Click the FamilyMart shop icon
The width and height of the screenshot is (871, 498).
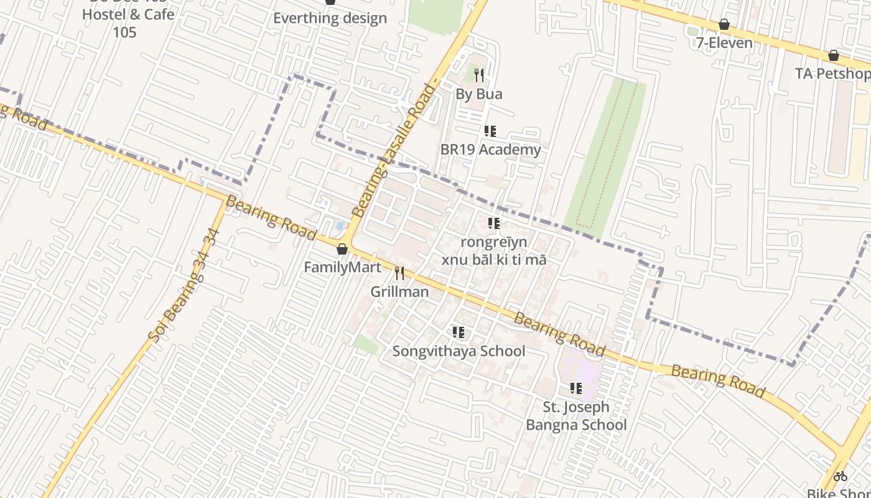(342, 250)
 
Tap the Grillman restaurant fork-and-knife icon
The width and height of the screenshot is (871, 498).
(399, 273)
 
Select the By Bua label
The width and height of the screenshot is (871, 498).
(478, 94)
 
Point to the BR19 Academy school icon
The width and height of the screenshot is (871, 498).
(490, 131)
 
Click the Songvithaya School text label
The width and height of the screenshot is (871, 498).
(459, 351)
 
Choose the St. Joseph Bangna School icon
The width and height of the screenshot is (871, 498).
(576, 388)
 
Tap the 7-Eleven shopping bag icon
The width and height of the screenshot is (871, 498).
(724, 24)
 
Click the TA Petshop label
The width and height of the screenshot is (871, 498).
(832, 73)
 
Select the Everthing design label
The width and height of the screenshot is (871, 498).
(330, 18)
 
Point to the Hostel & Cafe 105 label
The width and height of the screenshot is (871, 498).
(128, 22)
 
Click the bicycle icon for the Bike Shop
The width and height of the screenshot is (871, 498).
(841, 476)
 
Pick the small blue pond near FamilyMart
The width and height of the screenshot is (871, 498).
(339, 225)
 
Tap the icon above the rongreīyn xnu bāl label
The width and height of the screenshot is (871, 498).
(494, 223)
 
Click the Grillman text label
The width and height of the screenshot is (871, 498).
(399, 291)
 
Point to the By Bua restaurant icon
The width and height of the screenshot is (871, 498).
(478, 75)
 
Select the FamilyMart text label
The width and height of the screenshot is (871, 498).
(342, 268)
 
